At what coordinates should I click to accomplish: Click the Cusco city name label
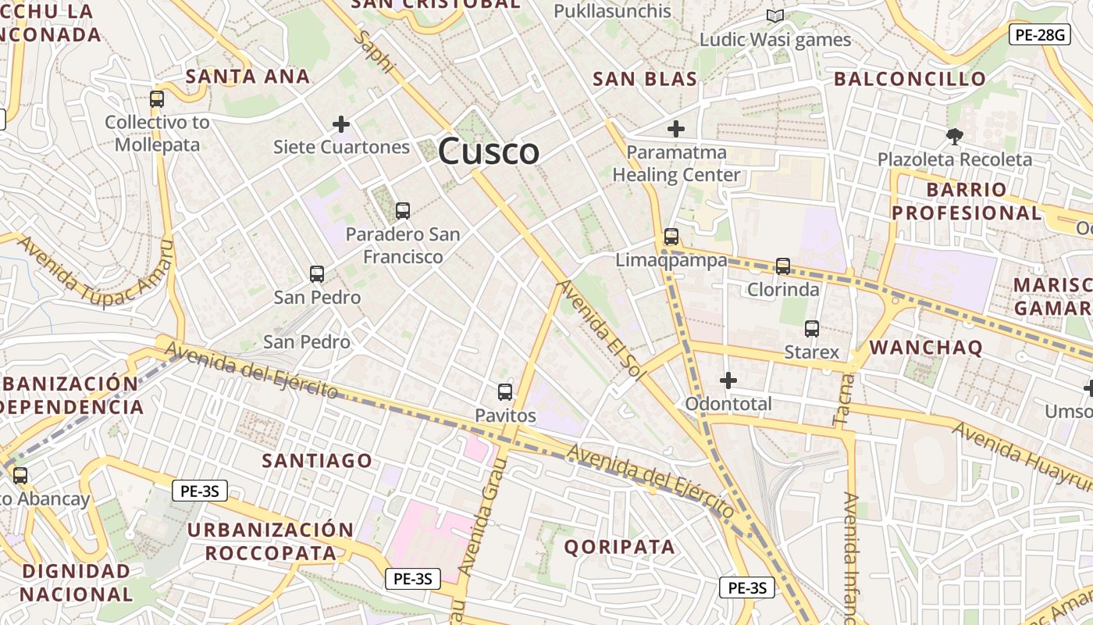point(489,151)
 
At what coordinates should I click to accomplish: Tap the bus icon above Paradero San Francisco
point(403,210)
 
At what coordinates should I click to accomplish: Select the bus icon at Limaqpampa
point(671,236)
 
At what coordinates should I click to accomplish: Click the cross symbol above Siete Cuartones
point(341,123)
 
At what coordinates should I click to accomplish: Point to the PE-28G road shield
point(1039,34)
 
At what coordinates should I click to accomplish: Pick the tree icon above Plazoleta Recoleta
point(954,137)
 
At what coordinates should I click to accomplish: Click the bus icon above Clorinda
point(783,266)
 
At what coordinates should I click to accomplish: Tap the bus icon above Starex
point(812,329)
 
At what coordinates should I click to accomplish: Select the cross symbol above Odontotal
point(728,380)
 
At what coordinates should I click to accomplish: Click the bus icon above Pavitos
point(505,392)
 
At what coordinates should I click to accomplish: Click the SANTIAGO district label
point(317,461)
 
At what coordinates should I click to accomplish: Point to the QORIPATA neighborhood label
point(619,547)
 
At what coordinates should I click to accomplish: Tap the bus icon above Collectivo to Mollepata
point(157,99)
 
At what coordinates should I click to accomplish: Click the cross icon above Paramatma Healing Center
point(676,129)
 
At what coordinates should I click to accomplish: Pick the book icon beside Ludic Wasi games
point(774,16)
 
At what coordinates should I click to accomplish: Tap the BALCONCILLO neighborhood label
point(910,79)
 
